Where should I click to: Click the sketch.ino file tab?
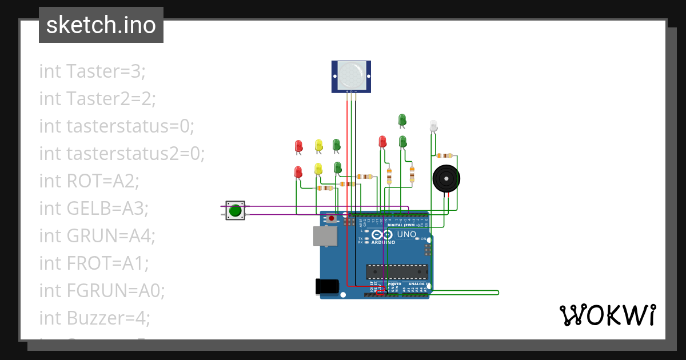(x=101, y=25)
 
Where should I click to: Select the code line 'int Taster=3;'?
(x=93, y=71)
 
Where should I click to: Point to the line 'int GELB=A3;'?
(x=94, y=209)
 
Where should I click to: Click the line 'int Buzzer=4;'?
(x=94, y=318)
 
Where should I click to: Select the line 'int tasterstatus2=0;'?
(x=122, y=154)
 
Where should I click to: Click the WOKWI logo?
(x=607, y=315)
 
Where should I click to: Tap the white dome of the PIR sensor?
(x=350, y=75)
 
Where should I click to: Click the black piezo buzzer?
(x=445, y=179)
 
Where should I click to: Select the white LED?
(x=433, y=126)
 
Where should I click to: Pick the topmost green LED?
(x=402, y=119)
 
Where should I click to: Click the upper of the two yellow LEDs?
(x=318, y=145)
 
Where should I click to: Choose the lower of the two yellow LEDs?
(x=318, y=169)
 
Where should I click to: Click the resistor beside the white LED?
(x=444, y=155)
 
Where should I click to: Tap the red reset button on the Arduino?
(x=332, y=218)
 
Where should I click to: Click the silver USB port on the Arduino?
(x=325, y=237)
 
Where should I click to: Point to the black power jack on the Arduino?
(x=327, y=286)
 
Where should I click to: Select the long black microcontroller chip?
(x=397, y=273)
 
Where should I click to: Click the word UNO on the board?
(x=406, y=234)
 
